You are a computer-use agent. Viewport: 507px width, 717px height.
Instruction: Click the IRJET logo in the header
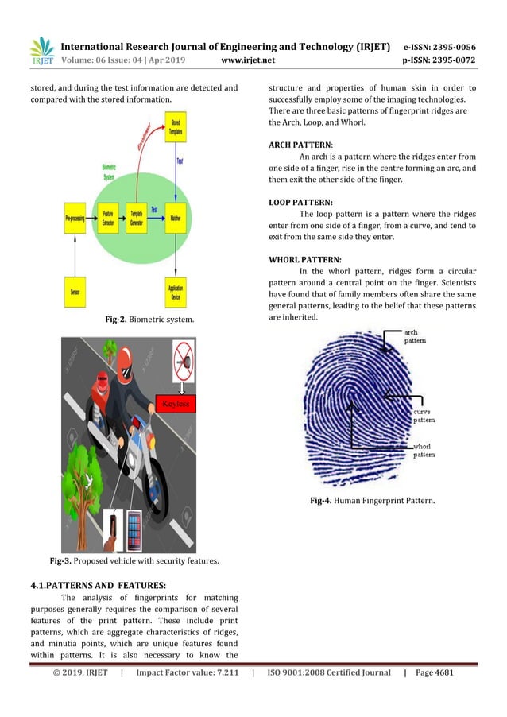point(41,51)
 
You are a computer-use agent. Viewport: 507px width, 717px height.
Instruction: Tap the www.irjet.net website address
point(248,60)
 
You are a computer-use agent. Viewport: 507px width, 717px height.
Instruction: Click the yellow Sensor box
point(75,292)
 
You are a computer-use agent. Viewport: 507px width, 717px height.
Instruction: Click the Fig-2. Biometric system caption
point(150,320)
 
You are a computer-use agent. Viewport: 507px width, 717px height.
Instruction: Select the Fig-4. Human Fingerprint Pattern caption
point(371,500)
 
